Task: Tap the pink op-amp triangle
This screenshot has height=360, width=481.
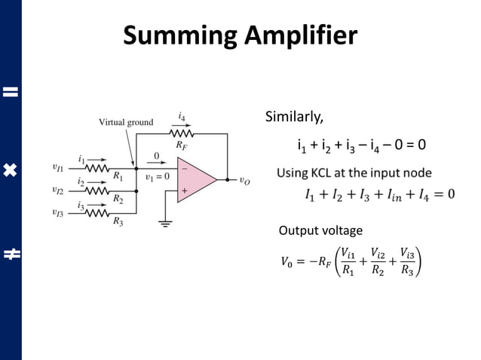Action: click(x=195, y=179)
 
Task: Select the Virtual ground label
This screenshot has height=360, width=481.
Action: click(x=126, y=122)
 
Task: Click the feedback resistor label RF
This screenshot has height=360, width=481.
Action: click(x=182, y=143)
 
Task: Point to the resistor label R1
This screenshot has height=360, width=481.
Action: click(x=118, y=177)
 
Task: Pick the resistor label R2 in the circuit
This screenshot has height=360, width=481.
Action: click(x=118, y=199)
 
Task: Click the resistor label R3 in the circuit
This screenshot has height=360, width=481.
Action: click(x=118, y=221)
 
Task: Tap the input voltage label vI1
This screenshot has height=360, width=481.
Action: click(x=58, y=168)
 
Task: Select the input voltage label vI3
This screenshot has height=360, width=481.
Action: click(x=58, y=212)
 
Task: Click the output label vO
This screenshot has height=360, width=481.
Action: click(x=245, y=181)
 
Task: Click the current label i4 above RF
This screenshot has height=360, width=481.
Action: click(x=182, y=117)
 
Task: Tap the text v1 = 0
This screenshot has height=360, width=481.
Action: click(x=157, y=177)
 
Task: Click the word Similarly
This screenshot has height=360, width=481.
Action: click(x=294, y=117)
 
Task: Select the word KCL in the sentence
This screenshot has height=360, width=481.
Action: click(x=325, y=173)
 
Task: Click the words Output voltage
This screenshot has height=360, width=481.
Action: click(x=320, y=230)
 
